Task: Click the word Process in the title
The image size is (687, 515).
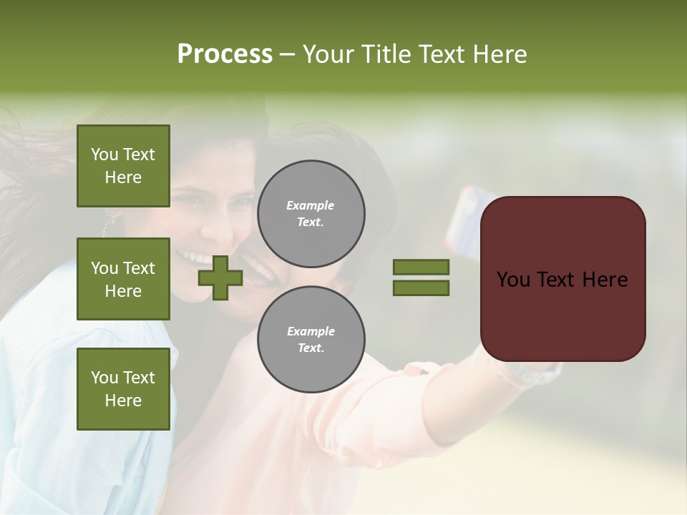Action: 225,54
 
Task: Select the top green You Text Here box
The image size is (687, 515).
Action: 123,166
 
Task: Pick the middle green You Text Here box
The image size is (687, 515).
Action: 123,279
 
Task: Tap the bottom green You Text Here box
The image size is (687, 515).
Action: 123,389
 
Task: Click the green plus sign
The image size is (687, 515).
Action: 220,278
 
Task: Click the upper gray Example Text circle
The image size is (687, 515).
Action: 311,213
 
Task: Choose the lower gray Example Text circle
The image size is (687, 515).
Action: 311,339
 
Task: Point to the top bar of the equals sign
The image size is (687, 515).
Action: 421,268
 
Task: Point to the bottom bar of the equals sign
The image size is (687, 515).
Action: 421,288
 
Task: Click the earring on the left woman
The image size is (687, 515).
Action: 107,225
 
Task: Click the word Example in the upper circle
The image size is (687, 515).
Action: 310,205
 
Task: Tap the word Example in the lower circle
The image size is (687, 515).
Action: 311,331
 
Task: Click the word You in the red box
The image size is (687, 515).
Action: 514,280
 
